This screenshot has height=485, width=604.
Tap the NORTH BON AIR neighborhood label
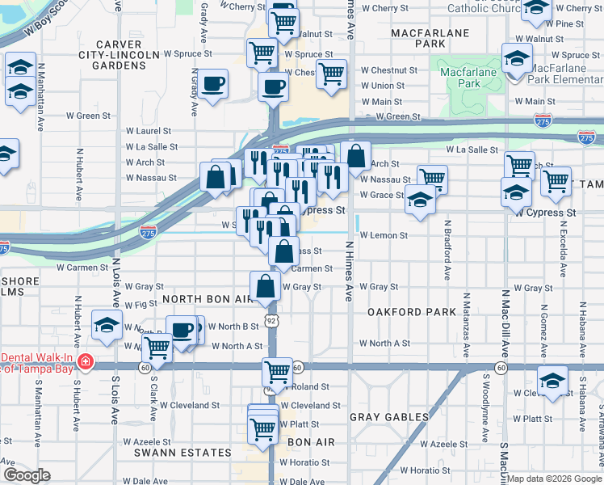208,298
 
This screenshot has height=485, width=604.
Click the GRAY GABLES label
388,416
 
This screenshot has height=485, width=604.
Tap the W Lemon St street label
385,235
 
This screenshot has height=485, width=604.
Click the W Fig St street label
141,304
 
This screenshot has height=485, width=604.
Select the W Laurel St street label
149,130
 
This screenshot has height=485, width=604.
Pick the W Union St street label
383,86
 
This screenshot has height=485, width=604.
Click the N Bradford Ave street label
447,249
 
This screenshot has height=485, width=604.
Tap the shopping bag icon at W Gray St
266,286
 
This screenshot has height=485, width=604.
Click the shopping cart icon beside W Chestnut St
331,74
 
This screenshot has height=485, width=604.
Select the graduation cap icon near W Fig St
106,325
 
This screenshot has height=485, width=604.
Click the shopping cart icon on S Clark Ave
157,348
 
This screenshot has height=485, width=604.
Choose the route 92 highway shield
273,321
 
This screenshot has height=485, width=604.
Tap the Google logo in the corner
27,475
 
